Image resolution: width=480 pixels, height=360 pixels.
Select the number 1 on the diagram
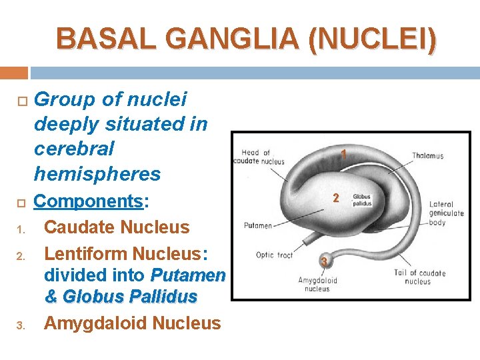(343, 154)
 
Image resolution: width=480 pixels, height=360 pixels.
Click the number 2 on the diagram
(336, 198)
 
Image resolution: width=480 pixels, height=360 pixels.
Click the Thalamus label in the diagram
(427, 156)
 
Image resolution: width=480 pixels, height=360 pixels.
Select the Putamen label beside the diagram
(257, 225)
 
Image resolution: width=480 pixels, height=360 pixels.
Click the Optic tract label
(274, 255)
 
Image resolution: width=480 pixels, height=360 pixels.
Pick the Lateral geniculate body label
(447, 213)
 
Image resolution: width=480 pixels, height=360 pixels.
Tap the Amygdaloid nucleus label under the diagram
(317, 285)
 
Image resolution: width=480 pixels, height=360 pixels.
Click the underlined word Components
(89, 202)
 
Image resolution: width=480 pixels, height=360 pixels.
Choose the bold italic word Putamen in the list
(188, 275)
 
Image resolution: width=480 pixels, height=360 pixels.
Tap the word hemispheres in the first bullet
(97, 174)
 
